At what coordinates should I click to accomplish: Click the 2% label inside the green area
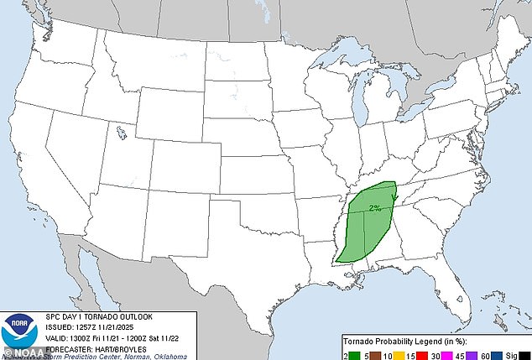pyautogui.click(x=374, y=206)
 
